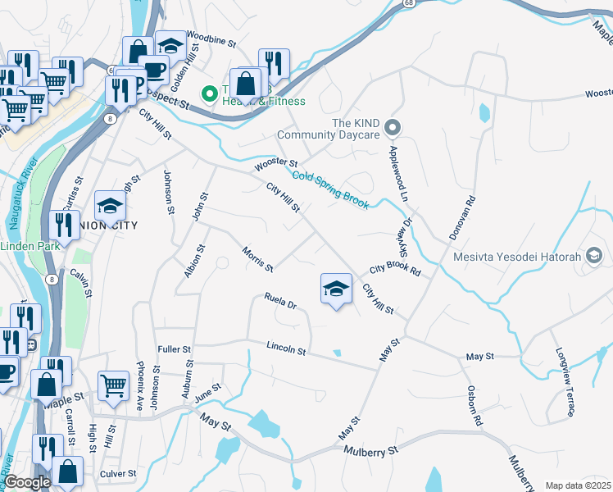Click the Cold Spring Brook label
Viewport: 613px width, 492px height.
[x=330, y=189]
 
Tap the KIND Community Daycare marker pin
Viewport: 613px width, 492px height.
[x=393, y=127]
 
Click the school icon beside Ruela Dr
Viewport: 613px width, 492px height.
[x=335, y=289]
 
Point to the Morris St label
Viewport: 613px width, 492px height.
[x=257, y=257]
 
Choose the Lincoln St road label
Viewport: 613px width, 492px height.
[x=286, y=350]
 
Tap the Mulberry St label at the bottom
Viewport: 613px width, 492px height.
[x=370, y=450]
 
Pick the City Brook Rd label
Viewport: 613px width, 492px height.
[x=394, y=270]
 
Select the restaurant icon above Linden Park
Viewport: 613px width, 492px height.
[x=64, y=225]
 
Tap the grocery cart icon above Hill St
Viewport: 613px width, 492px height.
[x=113, y=386]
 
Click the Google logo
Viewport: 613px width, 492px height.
[x=27, y=482]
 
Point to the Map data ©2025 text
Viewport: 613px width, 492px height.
[x=578, y=485]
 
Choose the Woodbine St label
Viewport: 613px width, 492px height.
[x=211, y=36]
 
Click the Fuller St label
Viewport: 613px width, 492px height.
[x=174, y=348]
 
